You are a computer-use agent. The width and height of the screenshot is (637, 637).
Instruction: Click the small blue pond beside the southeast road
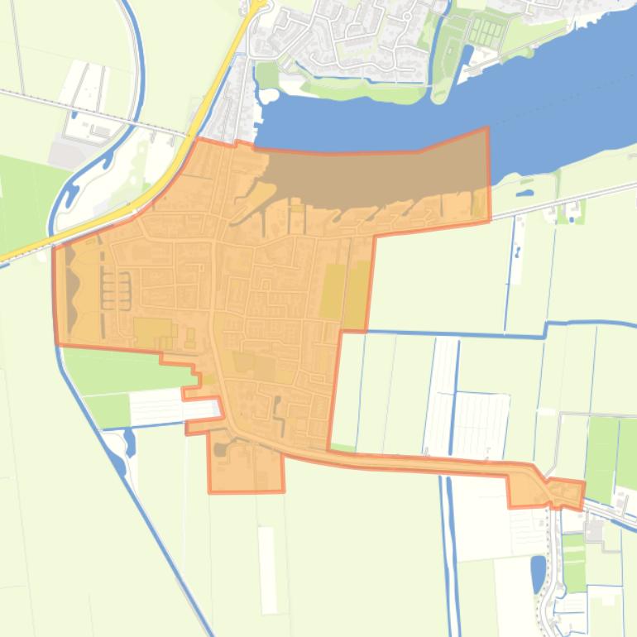[539, 570]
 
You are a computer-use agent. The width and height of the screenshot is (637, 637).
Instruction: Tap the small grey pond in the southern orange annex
[219, 449]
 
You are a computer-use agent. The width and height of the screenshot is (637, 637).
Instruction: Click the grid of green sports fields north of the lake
[483, 32]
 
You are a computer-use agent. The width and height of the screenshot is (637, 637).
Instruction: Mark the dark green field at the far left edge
[21, 199]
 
